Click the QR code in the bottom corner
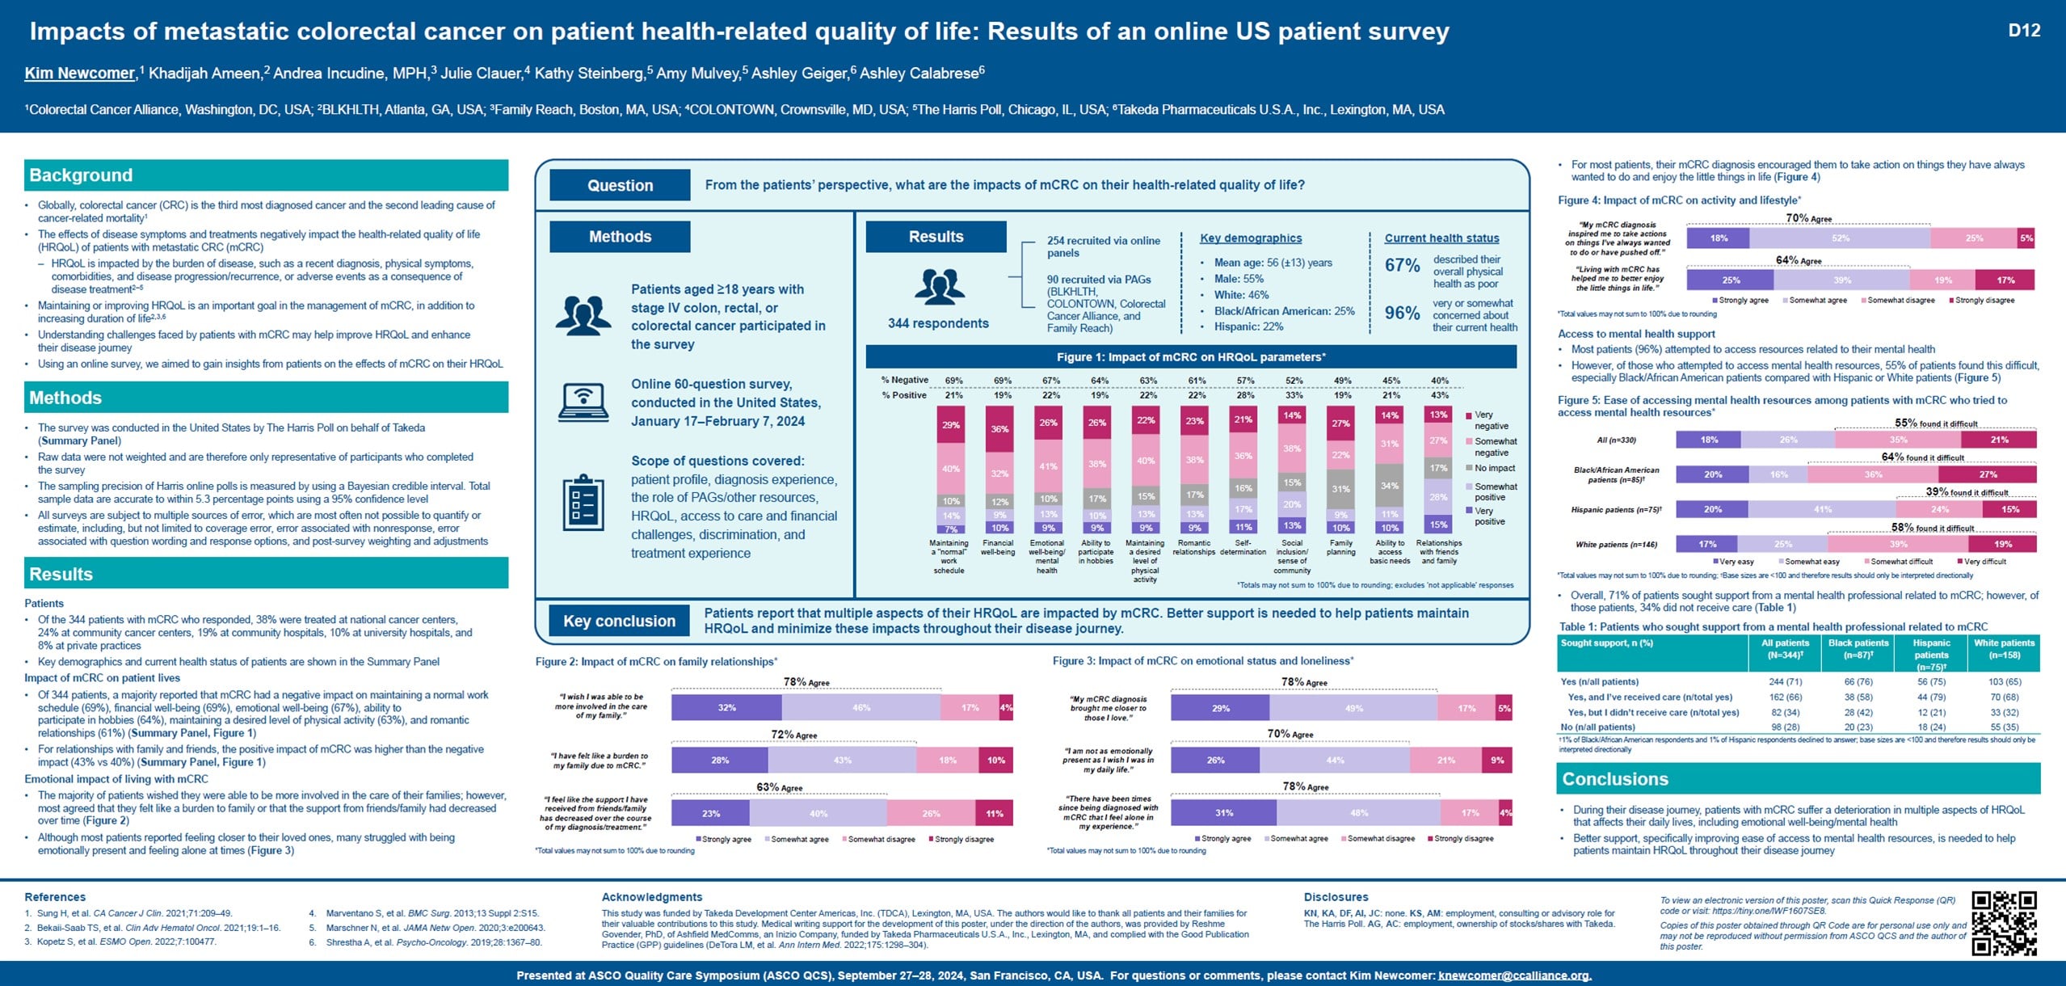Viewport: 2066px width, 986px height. [2004, 923]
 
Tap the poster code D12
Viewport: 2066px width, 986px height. [2024, 31]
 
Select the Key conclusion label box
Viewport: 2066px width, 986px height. [619, 621]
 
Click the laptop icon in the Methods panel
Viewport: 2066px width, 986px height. [583, 402]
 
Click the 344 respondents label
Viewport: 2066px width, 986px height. [938, 323]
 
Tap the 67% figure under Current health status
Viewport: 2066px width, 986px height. [1402, 265]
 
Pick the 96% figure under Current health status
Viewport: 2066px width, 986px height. [1402, 313]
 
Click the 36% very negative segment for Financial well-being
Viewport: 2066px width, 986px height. [999, 428]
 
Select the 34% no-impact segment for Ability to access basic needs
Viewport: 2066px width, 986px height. [1390, 486]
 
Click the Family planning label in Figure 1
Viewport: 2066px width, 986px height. [1340, 547]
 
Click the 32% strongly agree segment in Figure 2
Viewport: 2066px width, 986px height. [726, 707]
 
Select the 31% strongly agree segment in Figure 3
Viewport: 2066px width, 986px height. [1223, 812]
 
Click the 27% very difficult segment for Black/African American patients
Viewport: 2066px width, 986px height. [1988, 474]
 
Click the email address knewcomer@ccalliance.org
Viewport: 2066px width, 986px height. [1514, 975]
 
